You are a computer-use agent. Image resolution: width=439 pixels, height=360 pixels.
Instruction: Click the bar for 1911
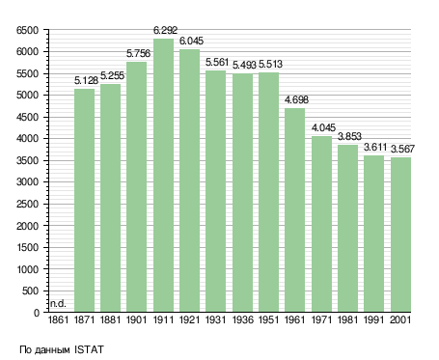pos(163,175)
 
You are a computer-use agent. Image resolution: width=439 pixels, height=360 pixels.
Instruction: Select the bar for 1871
pos(84,200)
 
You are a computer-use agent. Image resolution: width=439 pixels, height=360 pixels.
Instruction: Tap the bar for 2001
pos(400,235)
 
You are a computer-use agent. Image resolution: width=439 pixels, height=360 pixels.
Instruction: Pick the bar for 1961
pos(294,209)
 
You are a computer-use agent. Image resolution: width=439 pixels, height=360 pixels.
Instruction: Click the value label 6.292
pos(165,30)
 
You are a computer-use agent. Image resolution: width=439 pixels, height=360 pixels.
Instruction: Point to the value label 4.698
pos(296,99)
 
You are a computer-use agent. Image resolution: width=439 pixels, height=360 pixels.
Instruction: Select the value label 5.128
pos(86,80)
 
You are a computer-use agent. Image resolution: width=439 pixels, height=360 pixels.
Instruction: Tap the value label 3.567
pos(402,149)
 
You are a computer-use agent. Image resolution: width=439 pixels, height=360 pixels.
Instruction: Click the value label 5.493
pos(244,65)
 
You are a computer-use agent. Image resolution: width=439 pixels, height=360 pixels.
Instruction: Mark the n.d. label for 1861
pos(58,303)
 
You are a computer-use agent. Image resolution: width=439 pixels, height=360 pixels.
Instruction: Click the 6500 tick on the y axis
pos(27,30)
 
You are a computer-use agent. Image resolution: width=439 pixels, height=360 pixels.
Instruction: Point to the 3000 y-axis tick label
pos(27,181)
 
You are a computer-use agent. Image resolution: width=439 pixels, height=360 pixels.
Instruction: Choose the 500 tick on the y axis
pos(30,291)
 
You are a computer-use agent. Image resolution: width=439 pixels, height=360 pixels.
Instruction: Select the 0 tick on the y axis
pos(37,313)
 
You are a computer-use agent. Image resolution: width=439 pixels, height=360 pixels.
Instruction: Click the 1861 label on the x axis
pos(58,319)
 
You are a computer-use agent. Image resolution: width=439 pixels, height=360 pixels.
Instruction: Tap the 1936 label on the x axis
pos(243,319)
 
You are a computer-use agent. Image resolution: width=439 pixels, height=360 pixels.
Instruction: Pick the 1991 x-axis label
pos(374,319)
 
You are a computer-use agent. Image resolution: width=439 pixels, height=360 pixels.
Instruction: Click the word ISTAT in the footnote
pos(89,349)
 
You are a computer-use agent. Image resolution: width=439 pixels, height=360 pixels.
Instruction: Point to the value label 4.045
pos(323,127)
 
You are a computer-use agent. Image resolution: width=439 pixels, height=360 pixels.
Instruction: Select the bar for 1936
pos(242,192)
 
